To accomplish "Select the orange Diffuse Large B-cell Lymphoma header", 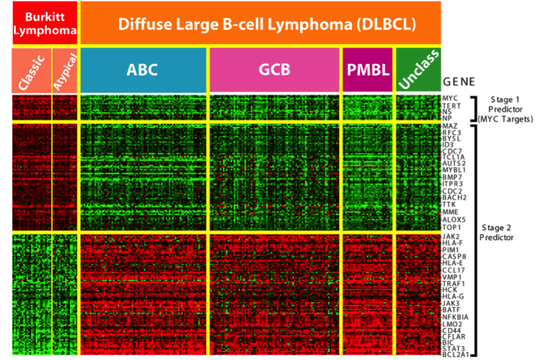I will [x=259, y=24].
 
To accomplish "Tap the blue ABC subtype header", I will [x=143, y=70].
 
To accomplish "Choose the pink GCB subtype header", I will [x=274, y=70].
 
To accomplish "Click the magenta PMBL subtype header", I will [x=367, y=70].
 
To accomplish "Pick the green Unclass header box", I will [x=417, y=70].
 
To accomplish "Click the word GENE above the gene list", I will [x=459, y=82].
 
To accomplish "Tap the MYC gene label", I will [x=450, y=98].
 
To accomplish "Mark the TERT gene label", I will [x=451, y=105].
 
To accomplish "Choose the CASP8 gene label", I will [x=453, y=257].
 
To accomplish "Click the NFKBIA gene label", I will [x=455, y=316].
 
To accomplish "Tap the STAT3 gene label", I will [x=453, y=349].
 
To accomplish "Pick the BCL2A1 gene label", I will [x=455, y=355].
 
